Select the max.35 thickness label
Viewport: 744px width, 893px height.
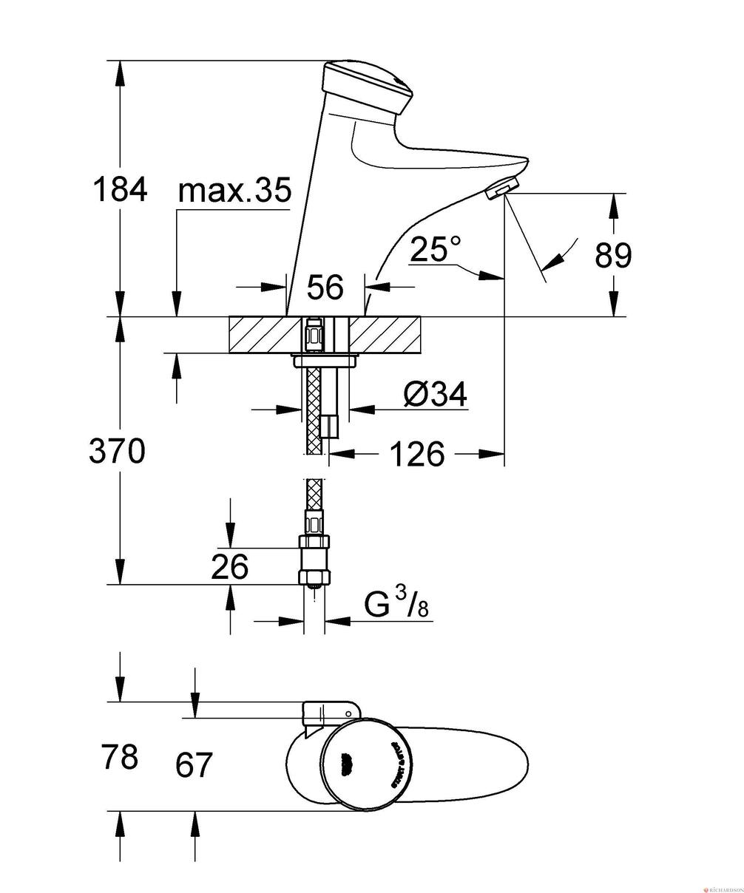coord(234,191)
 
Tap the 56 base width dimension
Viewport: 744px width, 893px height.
coord(325,287)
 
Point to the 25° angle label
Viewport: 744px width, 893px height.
coord(436,249)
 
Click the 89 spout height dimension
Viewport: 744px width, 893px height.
coord(613,256)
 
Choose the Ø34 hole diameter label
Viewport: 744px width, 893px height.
coord(436,395)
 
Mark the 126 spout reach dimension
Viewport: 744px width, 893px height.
coord(417,454)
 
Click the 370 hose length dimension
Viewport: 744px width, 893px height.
coord(117,450)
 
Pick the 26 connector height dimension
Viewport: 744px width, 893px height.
coord(229,567)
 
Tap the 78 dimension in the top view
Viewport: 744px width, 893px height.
coord(118,757)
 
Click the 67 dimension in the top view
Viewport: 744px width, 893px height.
coord(195,764)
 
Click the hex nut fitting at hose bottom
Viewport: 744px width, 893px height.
coord(314,577)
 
